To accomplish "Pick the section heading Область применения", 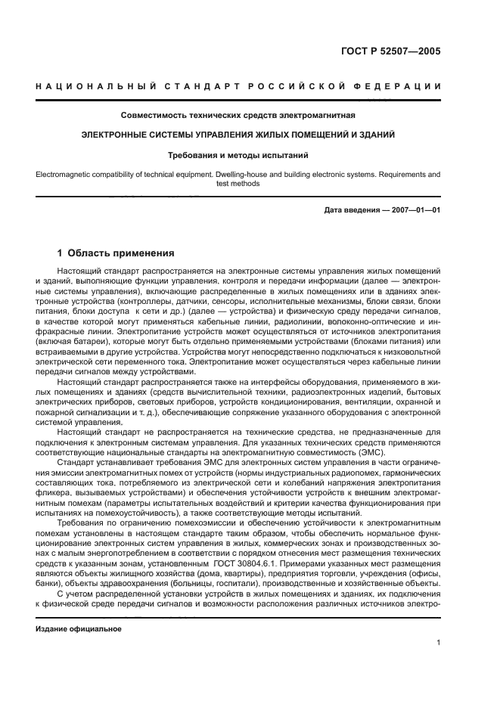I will (121, 253).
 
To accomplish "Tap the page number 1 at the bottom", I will (439, 643).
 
